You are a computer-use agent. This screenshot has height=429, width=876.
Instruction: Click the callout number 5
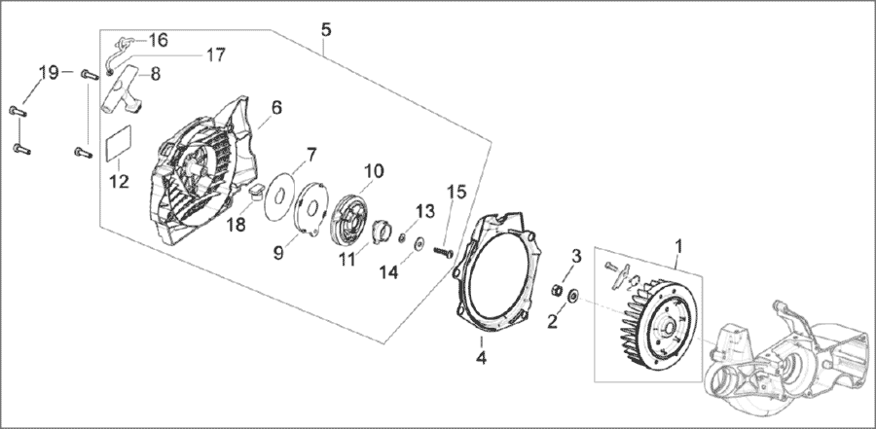tap(326, 30)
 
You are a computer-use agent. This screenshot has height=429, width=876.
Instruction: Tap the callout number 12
tap(119, 181)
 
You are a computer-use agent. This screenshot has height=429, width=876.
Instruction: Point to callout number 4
tap(481, 357)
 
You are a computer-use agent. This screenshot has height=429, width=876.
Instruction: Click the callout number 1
tap(678, 245)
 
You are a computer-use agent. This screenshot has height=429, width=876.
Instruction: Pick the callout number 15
tap(457, 193)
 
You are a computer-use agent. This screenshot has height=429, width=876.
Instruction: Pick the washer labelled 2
tap(573, 293)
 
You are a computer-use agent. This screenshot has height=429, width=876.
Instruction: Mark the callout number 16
tap(158, 40)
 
